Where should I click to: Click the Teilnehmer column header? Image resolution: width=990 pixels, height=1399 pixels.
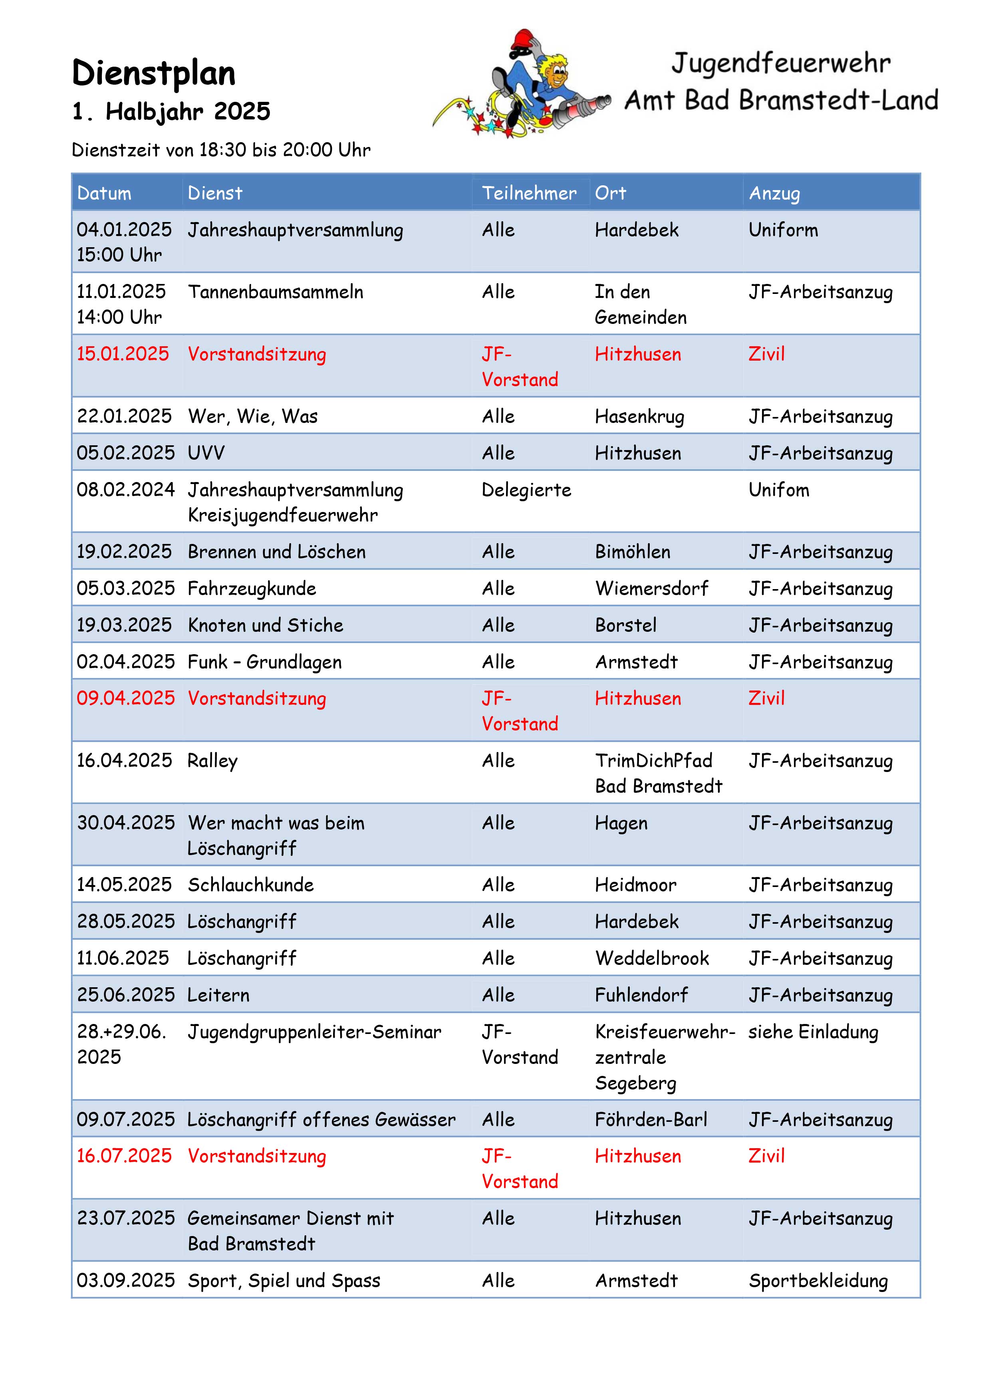click(x=528, y=193)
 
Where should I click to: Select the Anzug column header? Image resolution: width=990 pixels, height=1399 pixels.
click(x=774, y=193)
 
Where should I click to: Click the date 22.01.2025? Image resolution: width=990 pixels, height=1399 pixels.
click(x=124, y=417)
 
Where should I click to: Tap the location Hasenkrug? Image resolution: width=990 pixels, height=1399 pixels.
click(x=639, y=417)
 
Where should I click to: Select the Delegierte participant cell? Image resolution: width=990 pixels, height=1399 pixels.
click(x=526, y=490)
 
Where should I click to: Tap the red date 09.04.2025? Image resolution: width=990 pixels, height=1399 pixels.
click(x=125, y=699)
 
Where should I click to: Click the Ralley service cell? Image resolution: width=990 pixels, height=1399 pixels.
click(x=212, y=761)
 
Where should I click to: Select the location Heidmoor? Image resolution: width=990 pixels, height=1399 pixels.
click(x=636, y=885)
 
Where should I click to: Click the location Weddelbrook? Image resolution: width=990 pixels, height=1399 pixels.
click(x=652, y=958)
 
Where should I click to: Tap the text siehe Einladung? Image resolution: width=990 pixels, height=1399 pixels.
click(x=813, y=1032)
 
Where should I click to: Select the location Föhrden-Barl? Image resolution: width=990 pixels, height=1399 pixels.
click(x=651, y=1120)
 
